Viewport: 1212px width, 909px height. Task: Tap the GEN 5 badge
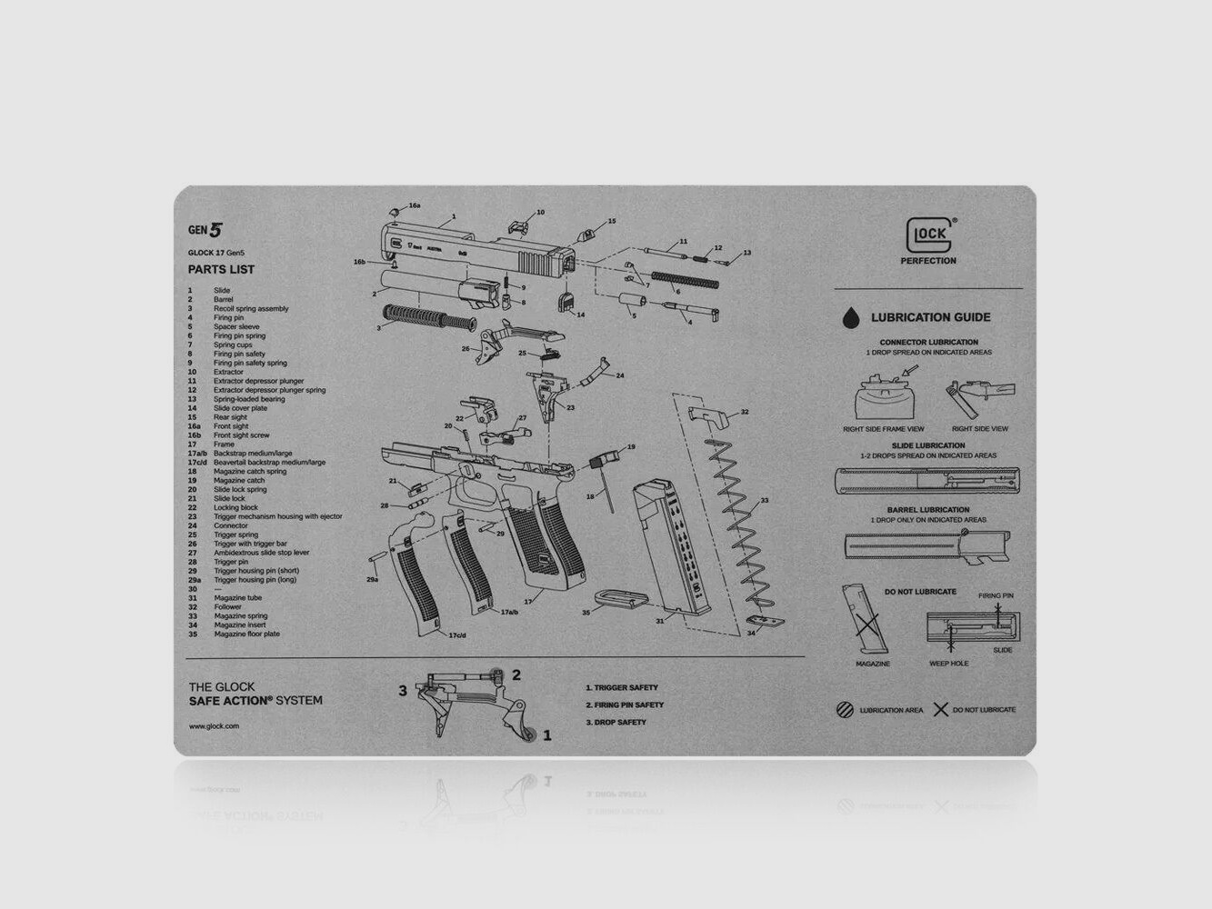(x=205, y=230)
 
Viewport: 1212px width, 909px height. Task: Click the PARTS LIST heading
(x=221, y=269)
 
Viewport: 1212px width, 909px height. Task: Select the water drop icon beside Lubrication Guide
(x=850, y=317)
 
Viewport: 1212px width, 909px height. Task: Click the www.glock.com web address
(x=214, y=726)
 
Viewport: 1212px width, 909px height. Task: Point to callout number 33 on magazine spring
(x=764, y=500)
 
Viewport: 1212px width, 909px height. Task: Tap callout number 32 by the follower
(x=744, y=412)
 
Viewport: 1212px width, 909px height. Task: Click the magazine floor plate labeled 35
(x=621, y=599)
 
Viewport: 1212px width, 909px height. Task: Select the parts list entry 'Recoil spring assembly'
(x=251, y=308)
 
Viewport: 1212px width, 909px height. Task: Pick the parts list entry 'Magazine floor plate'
(x=246, y=634)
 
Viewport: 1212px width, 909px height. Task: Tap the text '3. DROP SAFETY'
(x=616, y=722)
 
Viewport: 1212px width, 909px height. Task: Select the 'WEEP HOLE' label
(x=948, y=664)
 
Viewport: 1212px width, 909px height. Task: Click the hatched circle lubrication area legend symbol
(x=845, y=710)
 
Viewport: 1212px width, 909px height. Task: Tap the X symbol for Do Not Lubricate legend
(x=941, y=710)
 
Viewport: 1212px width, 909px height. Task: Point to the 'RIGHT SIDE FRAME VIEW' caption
(x=883, y=428)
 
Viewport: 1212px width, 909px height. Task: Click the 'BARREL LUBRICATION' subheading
(x=928, y=510)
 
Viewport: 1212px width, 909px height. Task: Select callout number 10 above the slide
(x=540, y=213)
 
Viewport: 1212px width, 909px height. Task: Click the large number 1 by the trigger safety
(x=546, y=735)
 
